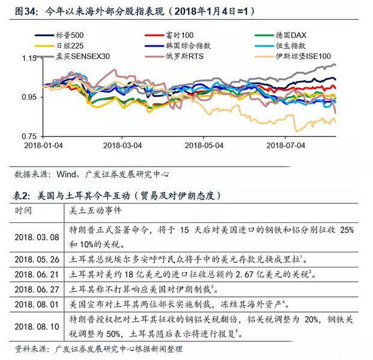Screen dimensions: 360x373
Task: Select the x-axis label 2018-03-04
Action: (123, 145)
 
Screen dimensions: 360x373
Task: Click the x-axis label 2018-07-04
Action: (285, 145)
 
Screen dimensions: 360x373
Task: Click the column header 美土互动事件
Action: (96, 211)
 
